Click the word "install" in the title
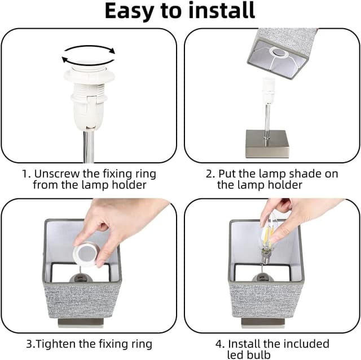(x=222, y=10)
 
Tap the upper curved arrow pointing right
(x=90, y=47)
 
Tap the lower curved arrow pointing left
(x=87, y=61)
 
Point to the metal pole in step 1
(x=89, y=146)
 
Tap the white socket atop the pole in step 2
(x=268, y=91)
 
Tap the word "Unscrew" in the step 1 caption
(x=56, y=174)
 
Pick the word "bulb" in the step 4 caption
(x=259, y=354)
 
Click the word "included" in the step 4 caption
(x=306, y=344)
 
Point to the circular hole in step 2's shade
(x=279, y=53)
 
